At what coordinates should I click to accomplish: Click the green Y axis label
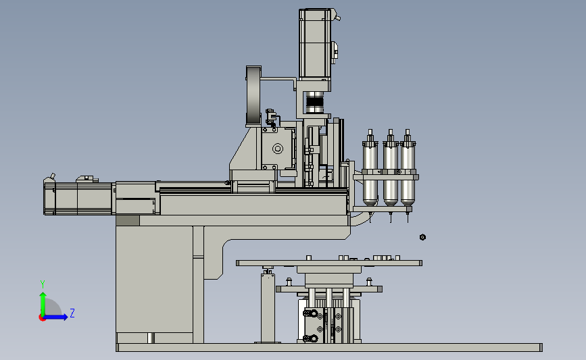tap(43, 284)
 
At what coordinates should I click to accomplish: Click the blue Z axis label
tap(72, 313)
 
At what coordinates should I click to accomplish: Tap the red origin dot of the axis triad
tap(42, 317)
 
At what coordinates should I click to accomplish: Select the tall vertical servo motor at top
tap(315, 47)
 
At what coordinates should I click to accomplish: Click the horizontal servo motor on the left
tap(78, 198)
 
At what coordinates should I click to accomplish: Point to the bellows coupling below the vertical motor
tap(314, 102)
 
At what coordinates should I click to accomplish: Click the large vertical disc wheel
tap(253, 97)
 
